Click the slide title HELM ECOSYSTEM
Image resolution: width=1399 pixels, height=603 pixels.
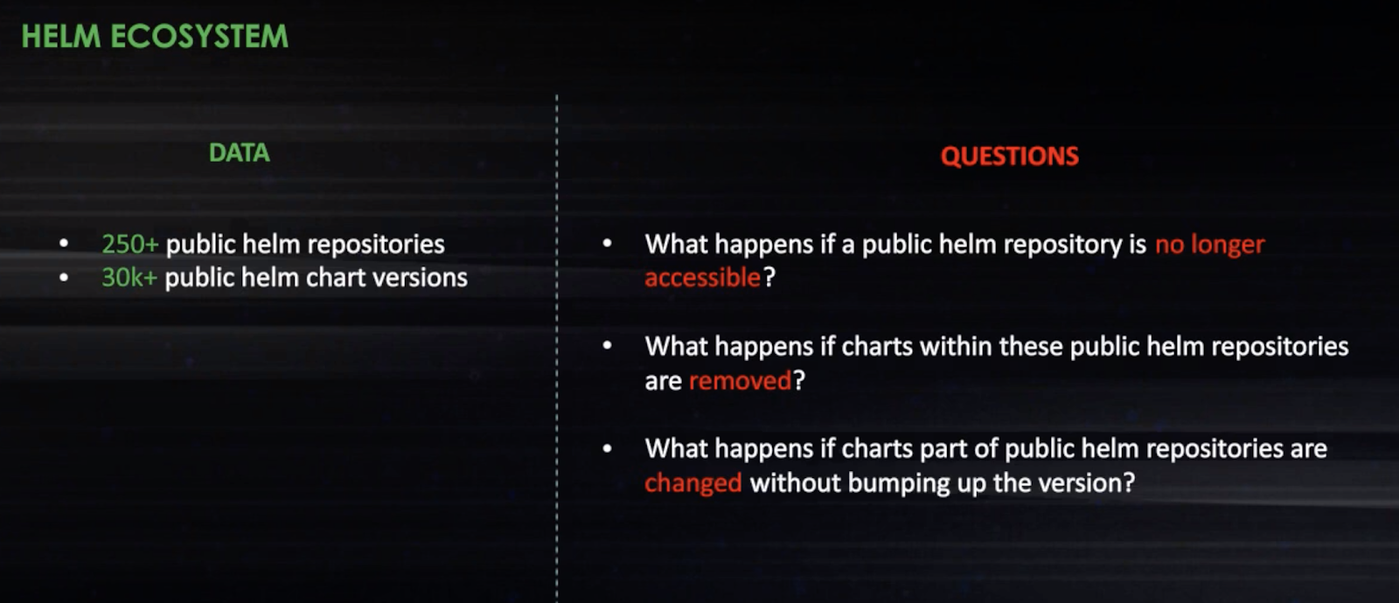(155, 36)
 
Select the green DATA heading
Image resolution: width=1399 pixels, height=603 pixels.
(240, 153)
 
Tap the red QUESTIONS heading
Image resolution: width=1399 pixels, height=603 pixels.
(1009, 156)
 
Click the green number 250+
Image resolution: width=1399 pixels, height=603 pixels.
(130, 244)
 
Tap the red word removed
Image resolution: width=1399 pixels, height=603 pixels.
(740, 381)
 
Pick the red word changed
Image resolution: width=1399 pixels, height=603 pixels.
(693, 483)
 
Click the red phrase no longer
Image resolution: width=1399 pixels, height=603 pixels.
(1210, 245)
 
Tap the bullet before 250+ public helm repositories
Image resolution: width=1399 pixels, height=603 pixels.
(64, 244)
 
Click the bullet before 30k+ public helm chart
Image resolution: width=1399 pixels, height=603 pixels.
(64, 278)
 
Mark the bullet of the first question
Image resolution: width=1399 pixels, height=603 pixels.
(607, 244)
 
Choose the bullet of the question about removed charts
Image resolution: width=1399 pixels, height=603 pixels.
(607, 346)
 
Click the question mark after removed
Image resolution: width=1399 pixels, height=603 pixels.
(799, 381)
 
